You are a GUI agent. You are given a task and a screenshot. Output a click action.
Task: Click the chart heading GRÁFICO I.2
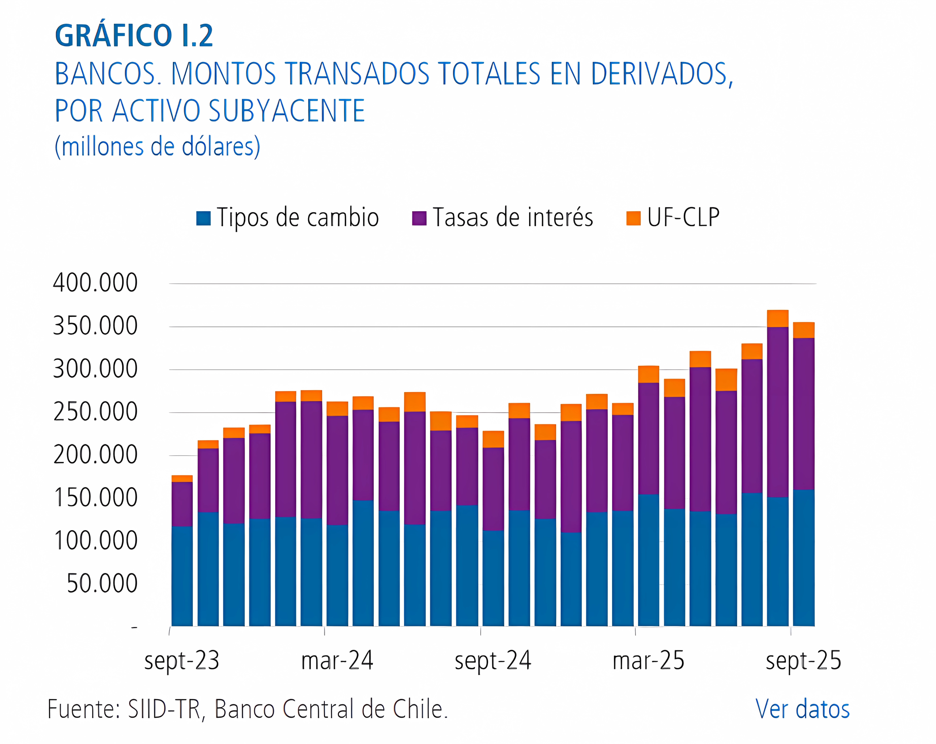134,35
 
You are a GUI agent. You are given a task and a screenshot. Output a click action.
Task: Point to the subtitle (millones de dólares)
157,147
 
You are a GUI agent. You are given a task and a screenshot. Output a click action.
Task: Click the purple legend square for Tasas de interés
419,218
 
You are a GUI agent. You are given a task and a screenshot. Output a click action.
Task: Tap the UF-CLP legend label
683,217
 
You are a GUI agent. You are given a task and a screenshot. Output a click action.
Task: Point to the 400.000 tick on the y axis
95,283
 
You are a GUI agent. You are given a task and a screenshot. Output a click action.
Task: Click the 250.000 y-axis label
95,412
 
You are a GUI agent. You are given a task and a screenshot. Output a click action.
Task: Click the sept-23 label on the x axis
181,661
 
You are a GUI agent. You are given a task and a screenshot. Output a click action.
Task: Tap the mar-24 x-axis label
337,661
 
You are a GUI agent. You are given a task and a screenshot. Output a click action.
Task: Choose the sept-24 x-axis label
493,661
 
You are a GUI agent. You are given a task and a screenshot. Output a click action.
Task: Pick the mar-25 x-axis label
648,661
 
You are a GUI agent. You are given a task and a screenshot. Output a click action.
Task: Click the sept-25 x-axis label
803,661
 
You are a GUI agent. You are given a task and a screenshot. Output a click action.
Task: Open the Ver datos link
802,710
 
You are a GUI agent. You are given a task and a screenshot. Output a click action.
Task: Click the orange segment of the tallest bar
778,318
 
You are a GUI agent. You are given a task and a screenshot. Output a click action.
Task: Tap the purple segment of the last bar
804,414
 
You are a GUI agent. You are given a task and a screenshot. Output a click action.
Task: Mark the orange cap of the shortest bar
182,478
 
